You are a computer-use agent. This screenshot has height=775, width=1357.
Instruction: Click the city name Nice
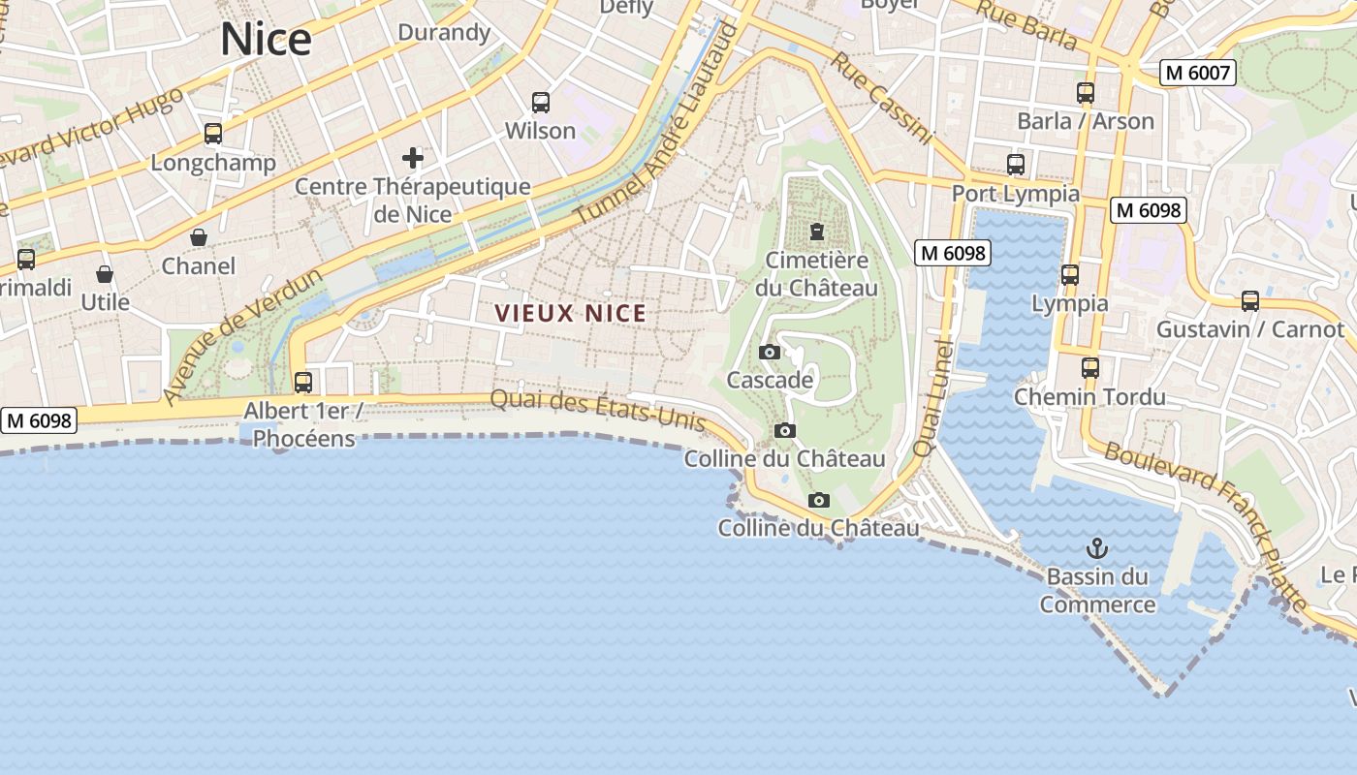tap(266, 39)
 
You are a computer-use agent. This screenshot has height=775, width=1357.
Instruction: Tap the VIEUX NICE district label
tap(570, 313)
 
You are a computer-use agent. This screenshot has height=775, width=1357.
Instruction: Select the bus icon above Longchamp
tap(213, 134)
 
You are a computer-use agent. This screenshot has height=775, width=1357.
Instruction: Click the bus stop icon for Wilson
tap(541, 102)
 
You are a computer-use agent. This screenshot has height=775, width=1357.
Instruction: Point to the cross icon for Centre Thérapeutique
tap(413, 158)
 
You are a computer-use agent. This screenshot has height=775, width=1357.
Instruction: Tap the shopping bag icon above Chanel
tap(199, 237)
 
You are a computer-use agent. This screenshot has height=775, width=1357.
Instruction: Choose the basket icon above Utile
tap(105, 274)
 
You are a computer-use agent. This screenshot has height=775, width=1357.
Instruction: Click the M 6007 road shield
tap(1198, 73)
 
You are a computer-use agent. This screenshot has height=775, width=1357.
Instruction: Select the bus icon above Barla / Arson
tap(1086, 93)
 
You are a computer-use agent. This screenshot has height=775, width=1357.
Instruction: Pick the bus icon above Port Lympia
tap(1016, 165)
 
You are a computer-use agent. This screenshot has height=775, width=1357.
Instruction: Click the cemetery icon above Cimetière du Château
tap(817, 232)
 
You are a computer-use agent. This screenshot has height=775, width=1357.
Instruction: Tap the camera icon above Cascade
tap(770, 352)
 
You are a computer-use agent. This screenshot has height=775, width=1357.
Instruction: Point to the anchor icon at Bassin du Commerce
tap(1097, 548)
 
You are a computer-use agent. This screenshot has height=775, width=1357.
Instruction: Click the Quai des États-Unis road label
tap(597, 408)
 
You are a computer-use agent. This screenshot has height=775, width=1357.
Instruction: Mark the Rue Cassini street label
tap(881, 98)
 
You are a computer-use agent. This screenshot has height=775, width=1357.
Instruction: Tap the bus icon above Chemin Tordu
tap(1090, 368)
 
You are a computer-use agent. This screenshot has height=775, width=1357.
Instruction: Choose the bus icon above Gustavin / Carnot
tap(1250, 301)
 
